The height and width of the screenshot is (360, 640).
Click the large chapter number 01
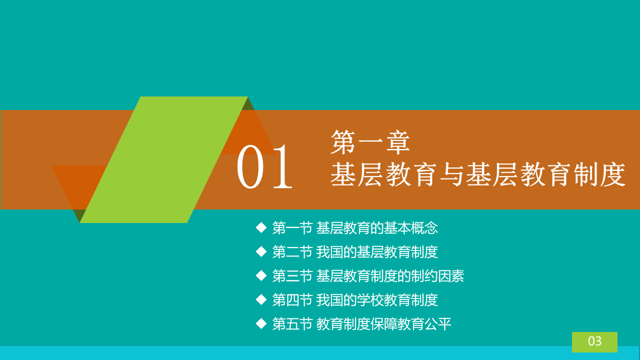click(x=264, y=167)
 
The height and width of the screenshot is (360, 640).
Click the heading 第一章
click(x=370, y=142)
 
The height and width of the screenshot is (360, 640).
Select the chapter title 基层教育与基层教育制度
click(x=477, y=174)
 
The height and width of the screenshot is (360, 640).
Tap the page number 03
click(x=595, y=341)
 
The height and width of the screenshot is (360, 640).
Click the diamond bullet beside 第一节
click(x=261, y=228)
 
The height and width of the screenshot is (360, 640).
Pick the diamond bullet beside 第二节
click(x=261, y=252)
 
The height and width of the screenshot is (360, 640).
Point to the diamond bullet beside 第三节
click(x=261, y=276)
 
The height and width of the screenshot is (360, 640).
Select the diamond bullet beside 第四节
click(x=261, y=300)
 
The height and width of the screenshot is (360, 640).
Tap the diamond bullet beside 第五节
click(x=261, y=324)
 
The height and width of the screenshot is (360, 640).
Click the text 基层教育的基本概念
click(x=377, y=228)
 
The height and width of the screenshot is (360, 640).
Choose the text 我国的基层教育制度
click(x=377, y=252)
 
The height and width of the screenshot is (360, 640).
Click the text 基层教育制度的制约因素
click(x=390, y=276)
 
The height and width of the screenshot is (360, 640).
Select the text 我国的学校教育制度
click(x=377, y=300)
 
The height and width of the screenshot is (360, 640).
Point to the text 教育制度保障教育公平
click(x=383, y=324)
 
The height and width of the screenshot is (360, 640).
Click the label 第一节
click(x=292, y=228)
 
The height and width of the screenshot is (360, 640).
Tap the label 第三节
click(x=292, y=276)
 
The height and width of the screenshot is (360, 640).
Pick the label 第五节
click(x=292, y=324)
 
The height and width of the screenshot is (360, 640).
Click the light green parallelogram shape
click(x=163, y=159)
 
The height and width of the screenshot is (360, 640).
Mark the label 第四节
click(x=292, y=300)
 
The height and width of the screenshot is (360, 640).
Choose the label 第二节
click(x=292, y=252)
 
